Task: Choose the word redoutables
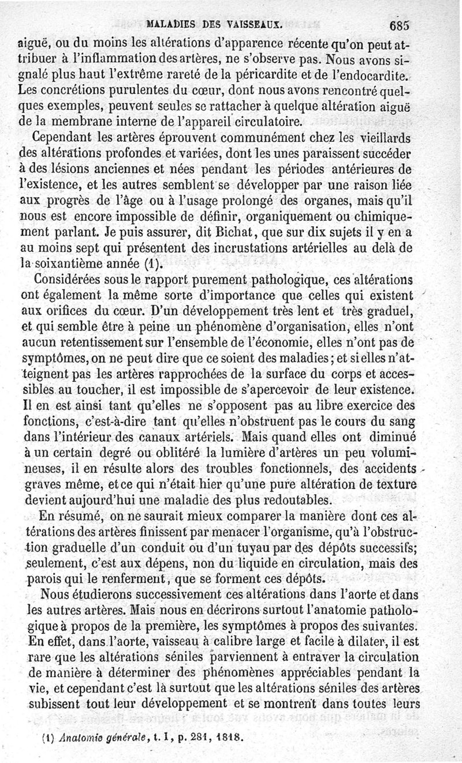(303, 499)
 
